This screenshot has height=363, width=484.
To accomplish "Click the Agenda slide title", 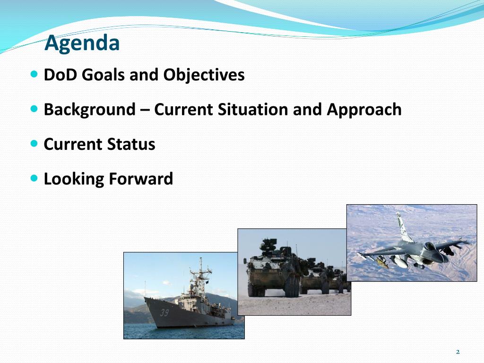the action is coord(82,43).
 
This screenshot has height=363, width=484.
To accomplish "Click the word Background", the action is coord(89,110).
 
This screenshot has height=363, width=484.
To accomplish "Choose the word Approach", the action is coord(364,110).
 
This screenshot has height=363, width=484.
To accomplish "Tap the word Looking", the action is coord(74,179).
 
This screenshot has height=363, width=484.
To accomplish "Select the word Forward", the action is coord(141,179).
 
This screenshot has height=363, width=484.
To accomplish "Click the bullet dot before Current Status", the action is coord(34,144).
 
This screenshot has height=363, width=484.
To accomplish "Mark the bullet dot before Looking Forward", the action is coord(34,178).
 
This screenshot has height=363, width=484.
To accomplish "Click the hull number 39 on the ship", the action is coord(164,313).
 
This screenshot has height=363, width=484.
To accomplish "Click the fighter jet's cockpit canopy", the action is coord(429,246).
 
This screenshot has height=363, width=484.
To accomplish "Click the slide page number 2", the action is coord(458,352).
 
